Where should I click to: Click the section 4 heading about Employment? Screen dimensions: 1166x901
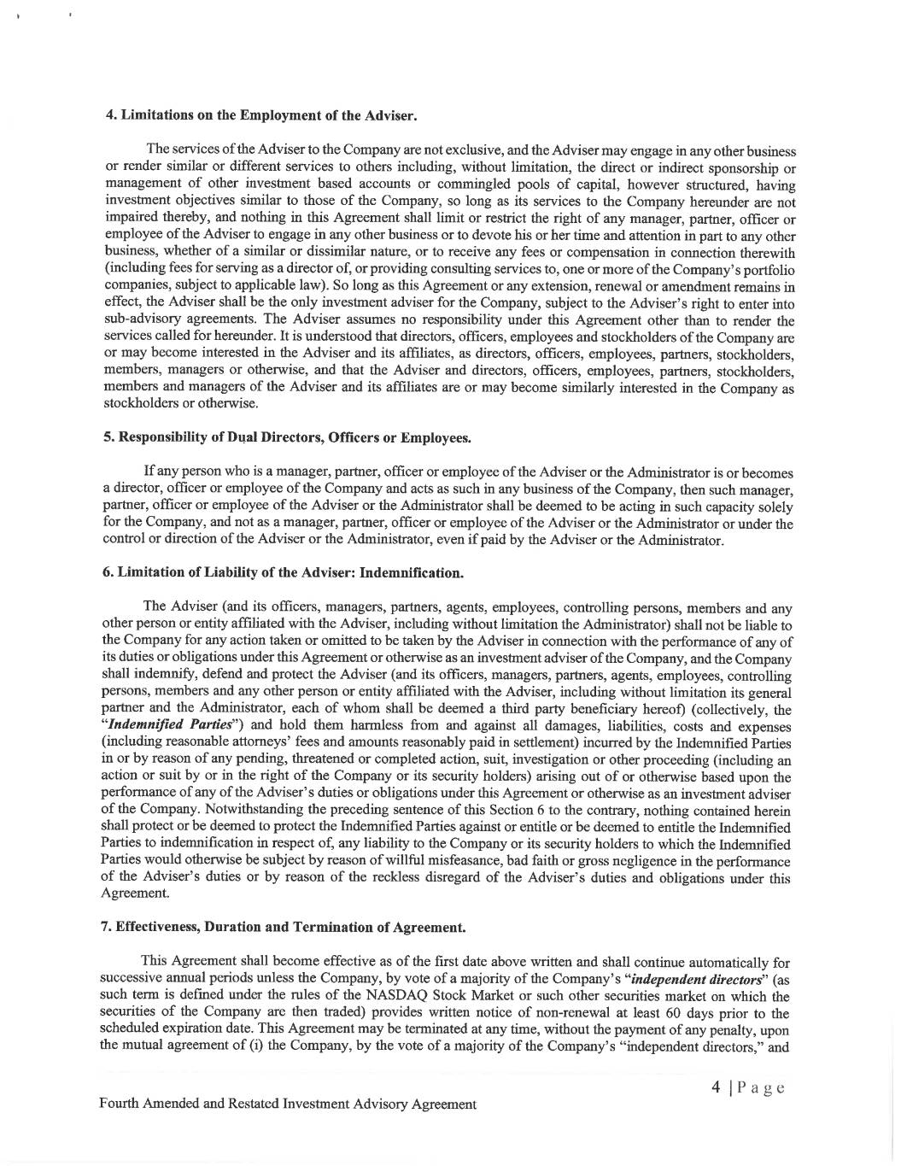260,115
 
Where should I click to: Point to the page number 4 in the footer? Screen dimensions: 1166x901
718,1087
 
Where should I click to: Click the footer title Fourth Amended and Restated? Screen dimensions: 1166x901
287,1104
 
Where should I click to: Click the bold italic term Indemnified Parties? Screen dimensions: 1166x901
155,727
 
